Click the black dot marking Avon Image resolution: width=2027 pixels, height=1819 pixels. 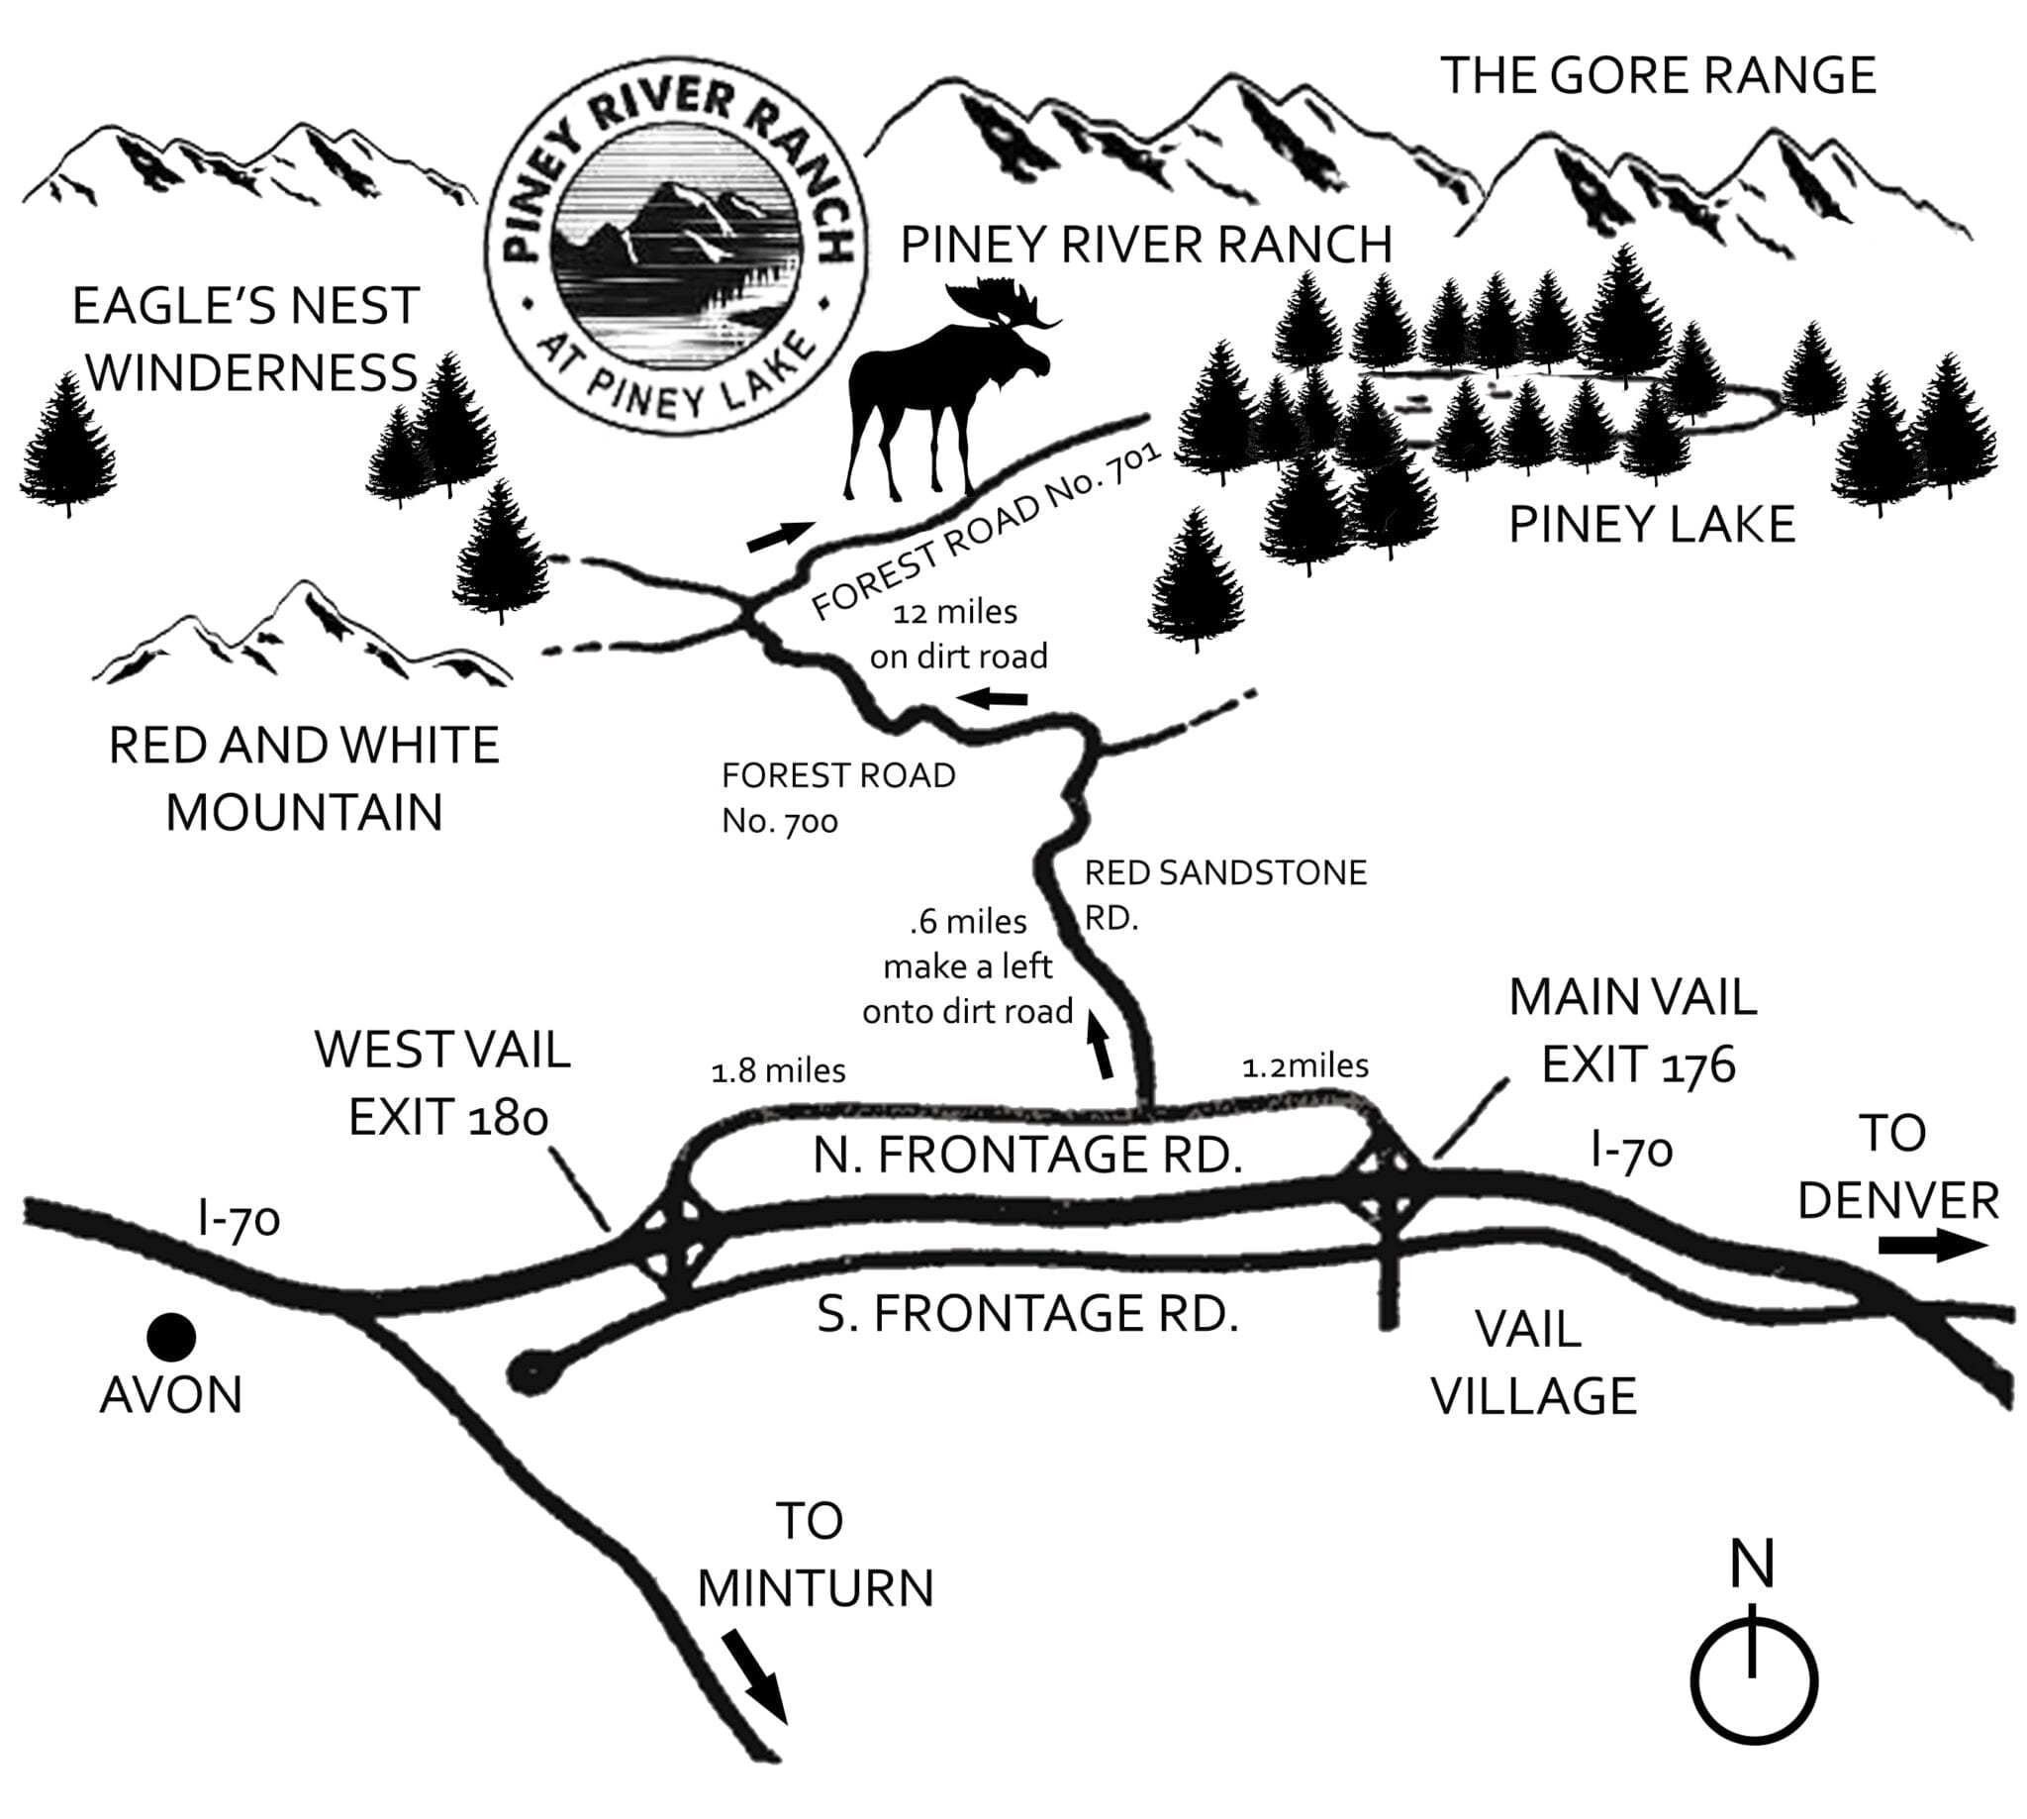point(171,1336)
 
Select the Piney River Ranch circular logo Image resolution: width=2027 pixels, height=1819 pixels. point(676,245)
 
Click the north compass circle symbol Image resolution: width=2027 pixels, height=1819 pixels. point(1753,1681)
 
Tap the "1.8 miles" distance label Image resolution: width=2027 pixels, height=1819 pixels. point(777,1071)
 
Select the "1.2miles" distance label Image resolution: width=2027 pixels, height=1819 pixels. point(1304,1066)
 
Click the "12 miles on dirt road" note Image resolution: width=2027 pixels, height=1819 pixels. point(957,635)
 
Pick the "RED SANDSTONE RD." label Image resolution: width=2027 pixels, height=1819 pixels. point(1223,894)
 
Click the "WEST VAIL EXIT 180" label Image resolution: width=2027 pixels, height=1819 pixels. point(442,1082)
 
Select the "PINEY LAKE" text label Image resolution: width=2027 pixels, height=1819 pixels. point(1650,525)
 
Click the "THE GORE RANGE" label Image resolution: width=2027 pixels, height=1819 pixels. point(1658,76)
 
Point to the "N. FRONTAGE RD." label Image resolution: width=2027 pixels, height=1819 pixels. point(1028,1156)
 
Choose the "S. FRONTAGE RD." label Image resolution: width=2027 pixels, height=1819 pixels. point(1028,1313)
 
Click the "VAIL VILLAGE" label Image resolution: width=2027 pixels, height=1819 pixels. point(1532,1363)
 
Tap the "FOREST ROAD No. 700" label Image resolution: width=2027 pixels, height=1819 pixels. point(837,798)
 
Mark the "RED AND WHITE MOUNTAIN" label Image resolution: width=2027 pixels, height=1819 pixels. point(304,778)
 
